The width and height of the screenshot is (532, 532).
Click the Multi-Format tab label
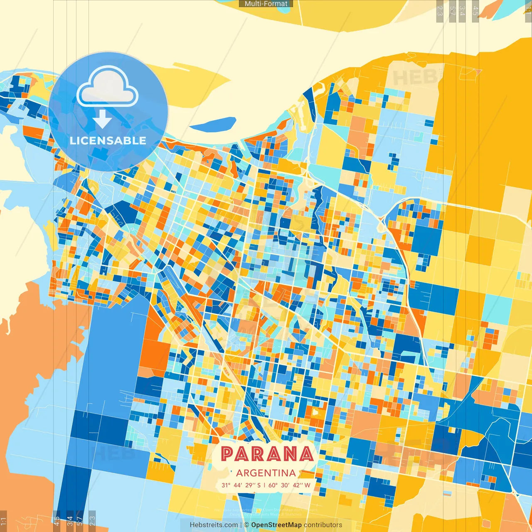266,4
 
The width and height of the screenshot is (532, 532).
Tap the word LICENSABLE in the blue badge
108,140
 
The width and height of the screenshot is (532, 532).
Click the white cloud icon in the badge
107,88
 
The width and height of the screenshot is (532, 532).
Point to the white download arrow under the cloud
102,119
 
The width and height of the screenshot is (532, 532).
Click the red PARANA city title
266,454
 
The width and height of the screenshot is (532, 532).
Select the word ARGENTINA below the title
266,473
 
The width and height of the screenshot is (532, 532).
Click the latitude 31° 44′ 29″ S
241,485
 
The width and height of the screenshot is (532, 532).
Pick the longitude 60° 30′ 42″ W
289,485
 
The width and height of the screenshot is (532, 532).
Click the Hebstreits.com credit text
214,525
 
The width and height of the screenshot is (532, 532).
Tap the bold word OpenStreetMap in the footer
276,525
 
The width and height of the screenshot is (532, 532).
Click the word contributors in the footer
323,525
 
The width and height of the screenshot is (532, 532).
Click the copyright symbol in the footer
246,525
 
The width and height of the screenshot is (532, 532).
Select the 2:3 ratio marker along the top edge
440,11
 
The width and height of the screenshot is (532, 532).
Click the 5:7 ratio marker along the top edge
453,11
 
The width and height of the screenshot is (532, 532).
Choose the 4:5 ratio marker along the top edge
475,11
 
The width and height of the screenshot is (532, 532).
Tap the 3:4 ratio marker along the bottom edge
70,520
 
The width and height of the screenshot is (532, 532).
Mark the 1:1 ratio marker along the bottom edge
3,521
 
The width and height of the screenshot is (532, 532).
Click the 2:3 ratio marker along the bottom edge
92,520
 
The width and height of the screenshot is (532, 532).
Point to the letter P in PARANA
227,454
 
